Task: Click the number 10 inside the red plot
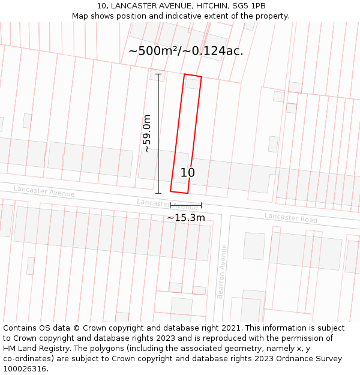[188, 173]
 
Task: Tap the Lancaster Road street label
[291, 217]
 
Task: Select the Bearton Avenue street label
[222, 271]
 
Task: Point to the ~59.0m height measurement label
[146, 133]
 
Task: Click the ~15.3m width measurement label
[185, 218]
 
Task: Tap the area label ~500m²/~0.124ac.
[185, 51]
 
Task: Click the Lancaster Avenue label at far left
[44, 191]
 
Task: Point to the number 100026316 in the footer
[24, 369]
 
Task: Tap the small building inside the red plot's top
[193, 84]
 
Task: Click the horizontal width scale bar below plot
[185, 205]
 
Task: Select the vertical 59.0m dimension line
[159, 133]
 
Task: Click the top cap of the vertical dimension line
[159, 74]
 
